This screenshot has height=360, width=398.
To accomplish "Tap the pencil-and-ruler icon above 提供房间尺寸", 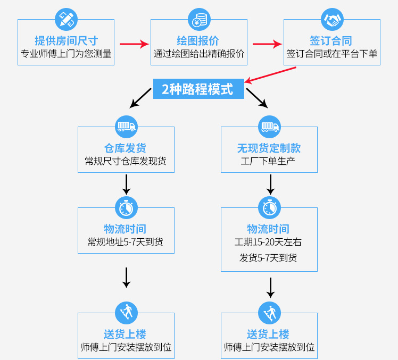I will tap(66, 20).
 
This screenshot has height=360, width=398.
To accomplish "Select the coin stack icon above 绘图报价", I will tap(199, 20).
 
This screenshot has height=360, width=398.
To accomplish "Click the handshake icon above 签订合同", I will tap(332, 20).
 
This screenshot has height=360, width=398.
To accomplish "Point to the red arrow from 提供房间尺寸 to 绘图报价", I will tap(133, 44).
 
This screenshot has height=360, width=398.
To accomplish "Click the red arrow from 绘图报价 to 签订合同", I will tap(266, 44).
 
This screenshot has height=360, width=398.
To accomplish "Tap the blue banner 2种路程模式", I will tap(198, 89).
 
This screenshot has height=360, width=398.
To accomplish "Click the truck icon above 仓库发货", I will tap(126, 127).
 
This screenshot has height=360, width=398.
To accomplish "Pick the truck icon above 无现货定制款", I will tap(269, 127).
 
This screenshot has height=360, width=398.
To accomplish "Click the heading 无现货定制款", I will tap(269, 148).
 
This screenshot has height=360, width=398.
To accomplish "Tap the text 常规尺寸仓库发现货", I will tap(126, 161).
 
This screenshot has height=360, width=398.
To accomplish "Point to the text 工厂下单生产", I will tap(269, 161).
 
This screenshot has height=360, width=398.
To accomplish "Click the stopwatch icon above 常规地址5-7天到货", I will tap(126, 207).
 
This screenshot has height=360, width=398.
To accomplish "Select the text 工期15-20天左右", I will tap(269, 242).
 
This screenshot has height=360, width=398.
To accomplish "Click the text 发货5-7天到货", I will tap(269, 258).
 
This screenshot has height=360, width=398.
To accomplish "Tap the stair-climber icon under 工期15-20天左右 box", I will tap(269, 313).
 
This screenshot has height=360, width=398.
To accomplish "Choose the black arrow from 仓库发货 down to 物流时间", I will tap(127, 184).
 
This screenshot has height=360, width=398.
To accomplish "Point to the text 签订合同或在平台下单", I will tap(332, 54).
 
